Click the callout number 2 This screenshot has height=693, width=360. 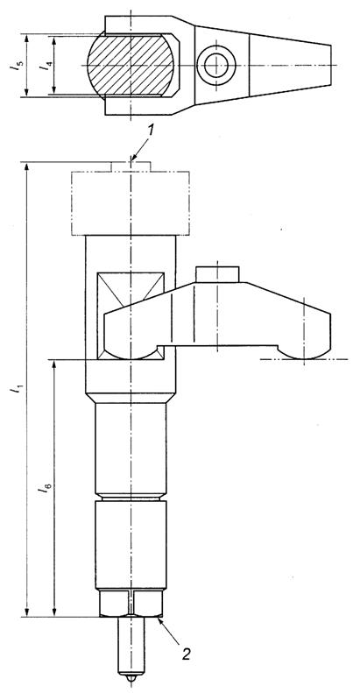[187, 653]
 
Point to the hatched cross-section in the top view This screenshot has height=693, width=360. [131, 65]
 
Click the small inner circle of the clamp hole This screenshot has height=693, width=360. [216, 66]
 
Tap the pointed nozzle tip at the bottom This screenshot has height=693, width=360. [131, 676]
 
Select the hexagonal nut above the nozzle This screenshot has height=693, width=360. [131, 604]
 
